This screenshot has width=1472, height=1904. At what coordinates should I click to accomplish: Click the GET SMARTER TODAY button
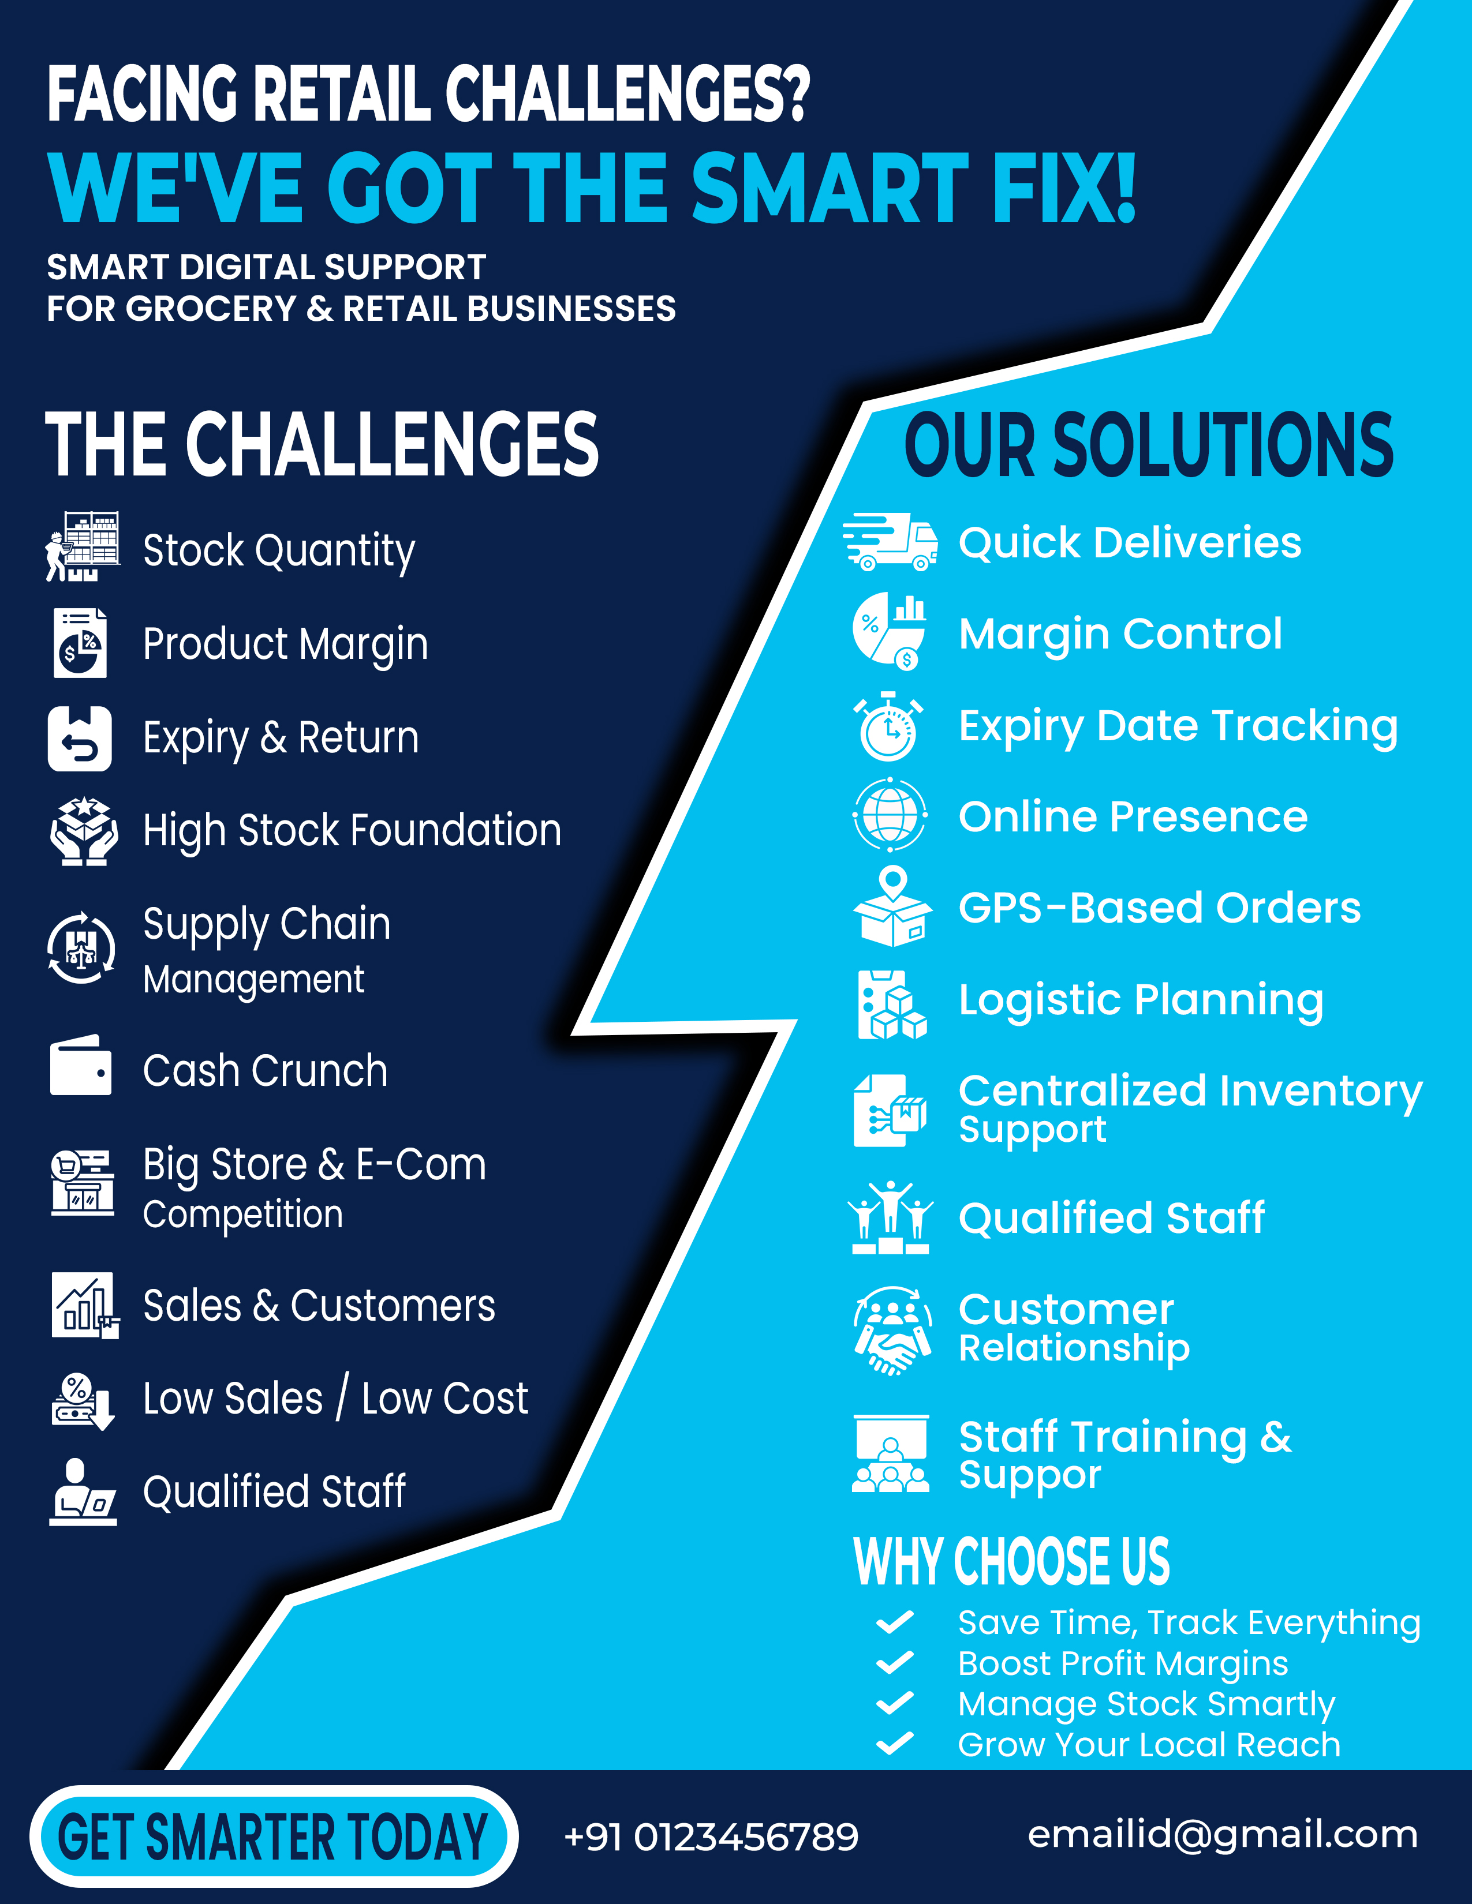tap(273, 1836)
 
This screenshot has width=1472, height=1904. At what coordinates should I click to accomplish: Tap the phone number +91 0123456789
tap(711, 1836)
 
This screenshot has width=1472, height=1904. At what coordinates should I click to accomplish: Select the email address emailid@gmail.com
tap(1221, 1834)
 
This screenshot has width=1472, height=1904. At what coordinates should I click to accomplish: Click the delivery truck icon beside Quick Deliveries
tap(890, 542)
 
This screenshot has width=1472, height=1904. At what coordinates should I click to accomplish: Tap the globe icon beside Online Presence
tap(890, 816)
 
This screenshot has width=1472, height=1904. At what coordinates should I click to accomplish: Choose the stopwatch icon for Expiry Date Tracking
tap(888, 726)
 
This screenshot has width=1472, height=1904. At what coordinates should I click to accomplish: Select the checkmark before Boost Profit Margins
tap(895, 1663)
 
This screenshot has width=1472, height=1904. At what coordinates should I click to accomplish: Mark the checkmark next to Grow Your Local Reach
tap(895, 1744)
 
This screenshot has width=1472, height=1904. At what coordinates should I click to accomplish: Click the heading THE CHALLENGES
tap(322, 445)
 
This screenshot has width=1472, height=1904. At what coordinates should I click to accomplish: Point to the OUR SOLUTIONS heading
tap(1149, 445)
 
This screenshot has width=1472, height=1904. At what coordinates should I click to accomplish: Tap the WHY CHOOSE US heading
tap(1011, 1561)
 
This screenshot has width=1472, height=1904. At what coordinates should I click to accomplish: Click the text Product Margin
tap(285, 644)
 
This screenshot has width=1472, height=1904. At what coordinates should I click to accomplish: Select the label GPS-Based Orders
tap(1159, 908)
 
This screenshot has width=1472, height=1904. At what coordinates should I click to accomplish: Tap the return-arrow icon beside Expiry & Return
tap(79, 739)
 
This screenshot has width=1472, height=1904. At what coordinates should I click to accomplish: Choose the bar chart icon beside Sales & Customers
tap(84, 1305)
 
